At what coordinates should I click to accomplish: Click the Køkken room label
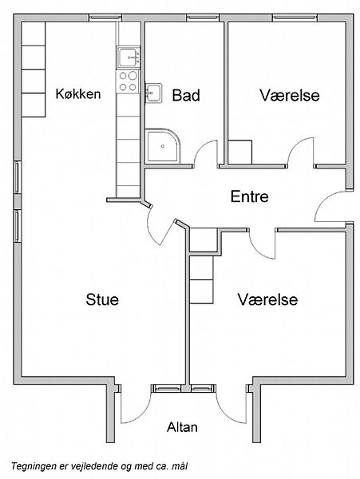(78, 93)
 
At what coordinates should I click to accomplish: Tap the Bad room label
(186, 95)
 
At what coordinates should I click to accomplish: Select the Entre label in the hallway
(250, 196)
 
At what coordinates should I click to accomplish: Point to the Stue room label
(102, 299)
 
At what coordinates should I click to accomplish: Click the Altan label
(182, 427)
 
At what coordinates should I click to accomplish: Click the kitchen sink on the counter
(128, 57)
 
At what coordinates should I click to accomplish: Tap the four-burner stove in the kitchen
(128, 81)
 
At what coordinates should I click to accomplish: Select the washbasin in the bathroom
(153, 93)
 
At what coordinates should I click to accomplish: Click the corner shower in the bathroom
(163, 146)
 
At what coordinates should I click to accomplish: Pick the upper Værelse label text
(290, 95)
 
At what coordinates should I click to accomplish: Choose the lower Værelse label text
(267, 299)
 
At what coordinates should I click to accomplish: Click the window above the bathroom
(203, 18)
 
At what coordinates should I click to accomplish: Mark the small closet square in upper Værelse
(240, 152)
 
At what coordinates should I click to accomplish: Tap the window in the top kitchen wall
(105, 18)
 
